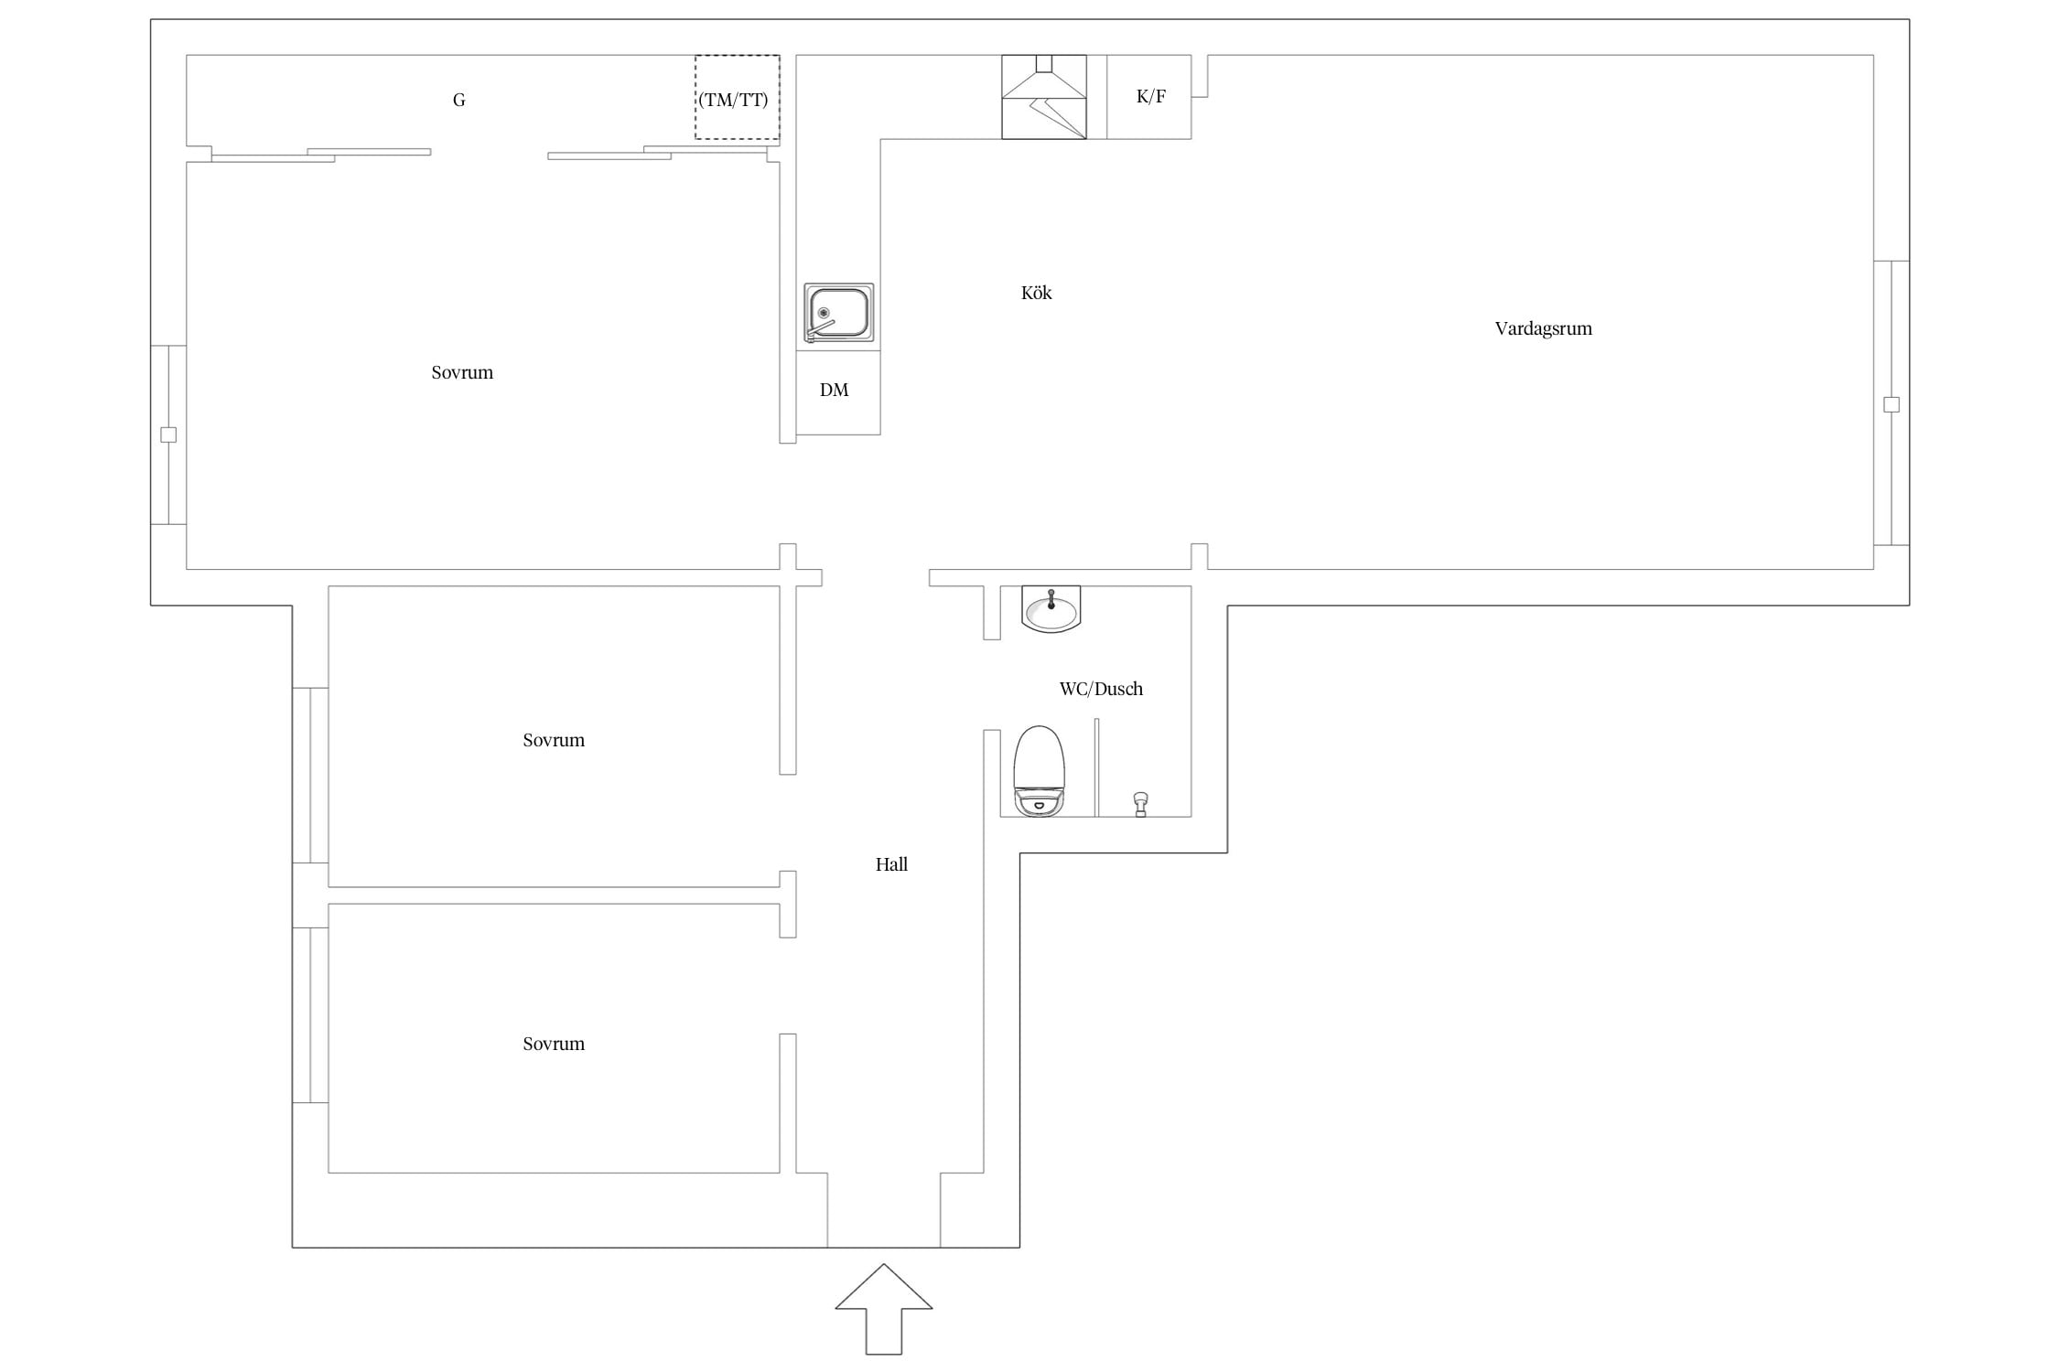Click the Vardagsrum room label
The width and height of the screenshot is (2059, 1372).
1543,328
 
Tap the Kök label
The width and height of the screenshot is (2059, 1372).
1036,293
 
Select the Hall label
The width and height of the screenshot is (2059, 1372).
891,864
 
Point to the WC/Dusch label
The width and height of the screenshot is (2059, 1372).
1101,689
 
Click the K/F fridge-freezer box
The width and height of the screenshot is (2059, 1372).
1149,97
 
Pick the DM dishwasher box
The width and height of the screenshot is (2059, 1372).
838,392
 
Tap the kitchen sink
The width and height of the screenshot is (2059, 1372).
838,313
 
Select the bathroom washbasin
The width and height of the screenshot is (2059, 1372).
1051,609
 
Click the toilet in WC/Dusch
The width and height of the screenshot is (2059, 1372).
1039,771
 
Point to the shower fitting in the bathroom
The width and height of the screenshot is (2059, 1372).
1140,804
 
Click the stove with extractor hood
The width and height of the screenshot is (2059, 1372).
1044,97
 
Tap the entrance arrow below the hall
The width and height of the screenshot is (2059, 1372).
884,1309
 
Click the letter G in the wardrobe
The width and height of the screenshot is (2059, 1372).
459,101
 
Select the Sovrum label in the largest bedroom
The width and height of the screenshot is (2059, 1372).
462,372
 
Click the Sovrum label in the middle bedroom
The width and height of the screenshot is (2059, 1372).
554,740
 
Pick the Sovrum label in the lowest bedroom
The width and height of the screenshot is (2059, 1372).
554,1044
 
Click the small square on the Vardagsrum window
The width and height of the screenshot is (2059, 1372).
1892,404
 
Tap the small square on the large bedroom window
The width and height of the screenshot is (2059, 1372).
168,434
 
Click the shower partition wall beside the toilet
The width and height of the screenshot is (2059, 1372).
1096,767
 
